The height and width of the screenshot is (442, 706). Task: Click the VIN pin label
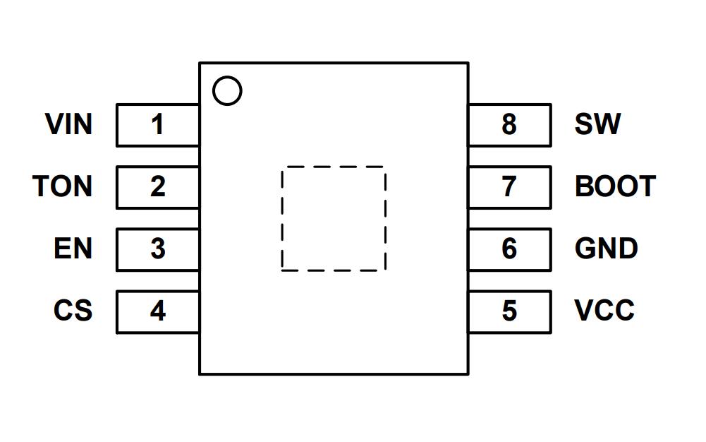pyautogui.click(x=68, y=124)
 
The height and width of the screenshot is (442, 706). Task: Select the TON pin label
pyautogui.click(x=62, y=186)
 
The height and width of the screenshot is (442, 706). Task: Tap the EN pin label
pyautogui.click(x=73, y=249)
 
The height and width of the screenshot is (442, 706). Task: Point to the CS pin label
pyautogui.click(x=73, y=311)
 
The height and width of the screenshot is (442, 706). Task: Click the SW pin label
pyautogui.click(x=597, y=124)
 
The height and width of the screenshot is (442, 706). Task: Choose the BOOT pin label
pyautogui.click(x=615, y=186)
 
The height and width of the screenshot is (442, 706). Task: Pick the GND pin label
pyautogui.click(x=607, y=249)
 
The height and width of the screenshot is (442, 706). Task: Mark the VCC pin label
pyautogui.click(x=604, y=311)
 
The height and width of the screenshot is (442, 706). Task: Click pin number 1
pyautogui.click(x=157, y=125)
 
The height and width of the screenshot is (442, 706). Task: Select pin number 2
pyautogui.click(x=157, y=187)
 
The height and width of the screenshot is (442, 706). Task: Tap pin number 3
pyautogui.click(x=157, y=249)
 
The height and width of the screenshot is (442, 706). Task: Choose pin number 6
pyautogui.click(x=509, y=249)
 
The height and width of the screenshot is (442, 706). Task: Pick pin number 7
pyautogui.click(x=509, y=187)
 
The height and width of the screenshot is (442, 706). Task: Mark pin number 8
pyautogui.click(x=509, y=125)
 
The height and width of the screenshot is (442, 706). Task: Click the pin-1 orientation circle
pyautogui.click(x=227, y=91)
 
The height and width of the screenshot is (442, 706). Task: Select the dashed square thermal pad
pyautogui.click(x=334, y=219)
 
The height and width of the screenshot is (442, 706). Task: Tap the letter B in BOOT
pyautogui.click(x=585, y=186)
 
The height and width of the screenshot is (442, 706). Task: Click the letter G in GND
pyautogui.click(x=586, y=249)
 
